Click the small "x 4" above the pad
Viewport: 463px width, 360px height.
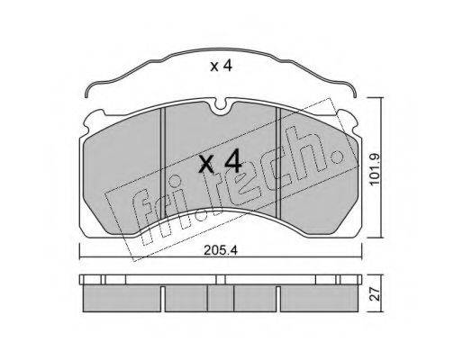click(x=221, y=67)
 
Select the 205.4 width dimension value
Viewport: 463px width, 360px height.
click(x=221, y=250)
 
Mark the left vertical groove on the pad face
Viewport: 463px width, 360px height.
click(x=163, y=163)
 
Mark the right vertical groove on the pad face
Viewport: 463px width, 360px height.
click(x=277, y=163)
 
